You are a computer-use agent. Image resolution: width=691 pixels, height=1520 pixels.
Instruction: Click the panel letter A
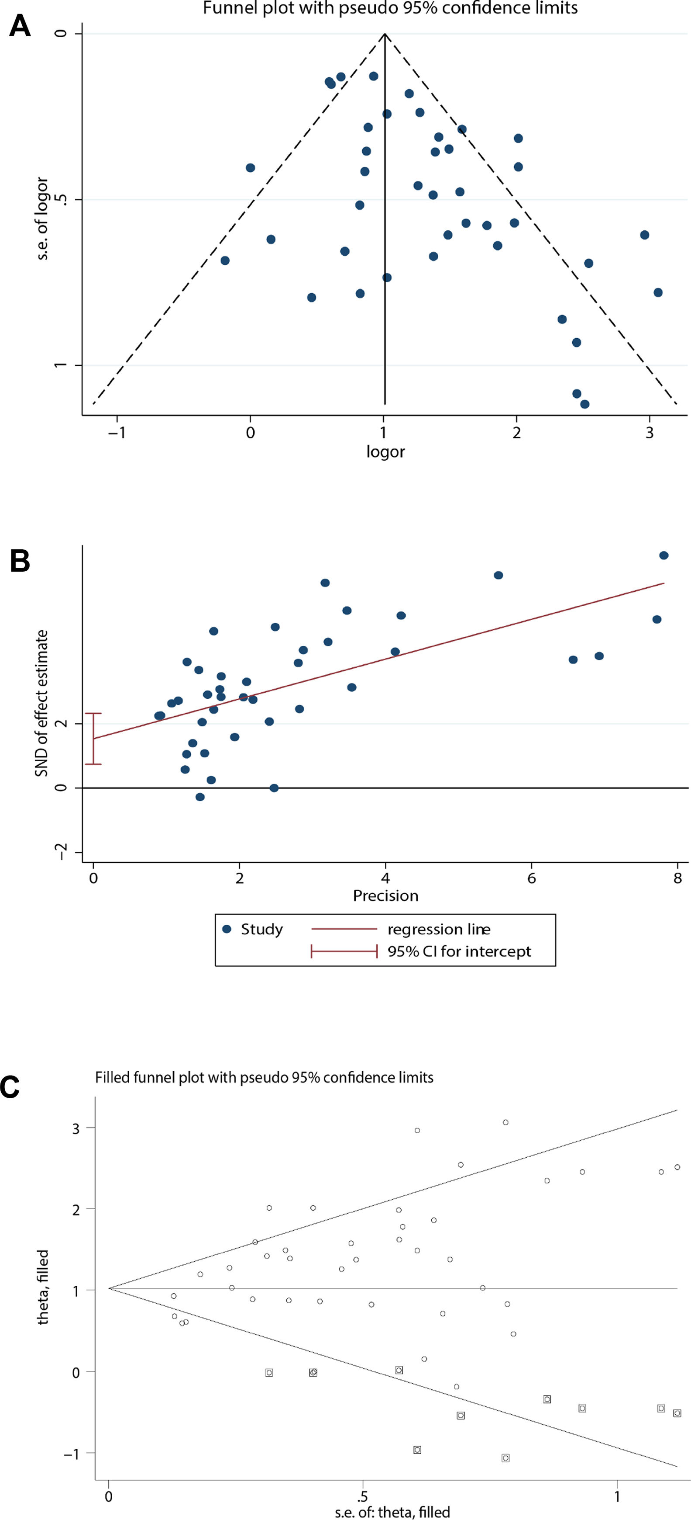pyautogui.click(x=20, y=27)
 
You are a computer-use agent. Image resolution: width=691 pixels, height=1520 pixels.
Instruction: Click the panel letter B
pyautogui.click(x=20, y=561)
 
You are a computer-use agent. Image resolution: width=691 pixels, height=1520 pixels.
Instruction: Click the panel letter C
pyautogui.click(x=10, y=1087)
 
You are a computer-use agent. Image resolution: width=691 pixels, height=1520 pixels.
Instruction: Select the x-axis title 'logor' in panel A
pyautogui.click(x=385, y=452)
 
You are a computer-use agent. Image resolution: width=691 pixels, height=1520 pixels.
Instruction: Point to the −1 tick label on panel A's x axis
pyautogui.click(x=116, y=433)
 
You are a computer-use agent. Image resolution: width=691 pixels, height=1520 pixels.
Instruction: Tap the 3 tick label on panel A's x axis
pyautogui.click(x=649, y=433)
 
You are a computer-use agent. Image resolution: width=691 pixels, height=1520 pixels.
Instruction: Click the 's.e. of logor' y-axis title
pyautogui.click(x=42, y=219)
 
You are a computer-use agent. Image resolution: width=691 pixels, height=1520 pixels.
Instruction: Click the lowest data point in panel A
pyautogui.click(x=584, y=404)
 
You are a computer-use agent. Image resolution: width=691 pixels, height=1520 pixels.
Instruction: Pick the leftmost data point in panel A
pyautogui.click(x=225, y=260)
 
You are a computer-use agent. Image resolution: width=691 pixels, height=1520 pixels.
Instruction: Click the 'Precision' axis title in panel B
pyautogui.click(x=385, y=896)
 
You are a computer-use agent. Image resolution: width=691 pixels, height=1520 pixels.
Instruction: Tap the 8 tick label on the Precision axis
pyautogui.click(x=677, y=878)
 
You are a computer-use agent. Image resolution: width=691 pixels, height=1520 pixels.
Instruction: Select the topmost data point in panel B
pyautogui.click(x=663, y=555)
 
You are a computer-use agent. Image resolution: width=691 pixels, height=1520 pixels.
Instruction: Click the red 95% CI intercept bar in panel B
pyautogui.click(x=93, y=739)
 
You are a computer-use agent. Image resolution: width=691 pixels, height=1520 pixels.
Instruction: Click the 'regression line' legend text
pyautogui.click(x=439, y=929)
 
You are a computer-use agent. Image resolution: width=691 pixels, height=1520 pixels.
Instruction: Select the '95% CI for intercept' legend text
pyautogui.click(x=459, y=951)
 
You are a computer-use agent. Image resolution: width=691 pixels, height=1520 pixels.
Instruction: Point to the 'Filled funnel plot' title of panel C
pyautogui.click(x=264, y=1077)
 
